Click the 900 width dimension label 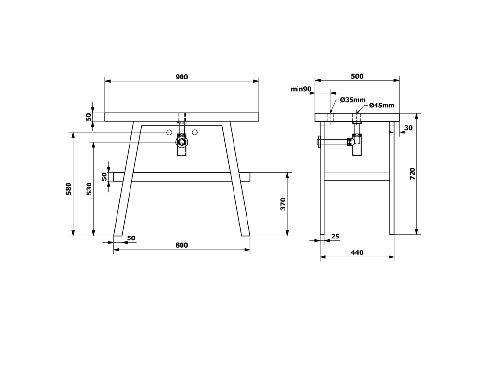(182, 77)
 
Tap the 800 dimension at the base (182, 245)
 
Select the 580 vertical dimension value (69, 189)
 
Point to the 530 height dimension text (89, 189)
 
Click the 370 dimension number (283, 204)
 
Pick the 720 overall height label (413, 174)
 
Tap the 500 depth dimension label (357, 76)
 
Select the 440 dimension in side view (357, 252)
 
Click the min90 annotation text (301, 89)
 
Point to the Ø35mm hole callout (353, 100)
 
